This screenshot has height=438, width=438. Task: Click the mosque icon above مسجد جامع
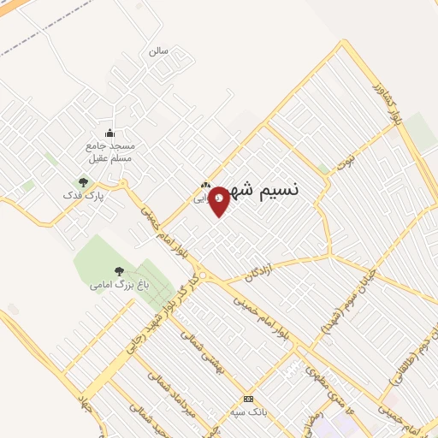(x=109, y=133)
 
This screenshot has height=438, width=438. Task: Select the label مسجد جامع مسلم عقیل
(x=109, y=151)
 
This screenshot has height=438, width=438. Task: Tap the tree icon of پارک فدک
(x=83, y=181)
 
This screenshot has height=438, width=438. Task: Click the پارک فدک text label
(x=82, y=196)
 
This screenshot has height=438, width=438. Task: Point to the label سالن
(x=158, y=51)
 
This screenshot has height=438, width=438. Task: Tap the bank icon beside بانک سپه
(x=249, y=399)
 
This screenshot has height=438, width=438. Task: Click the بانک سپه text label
(x=249, y=411)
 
